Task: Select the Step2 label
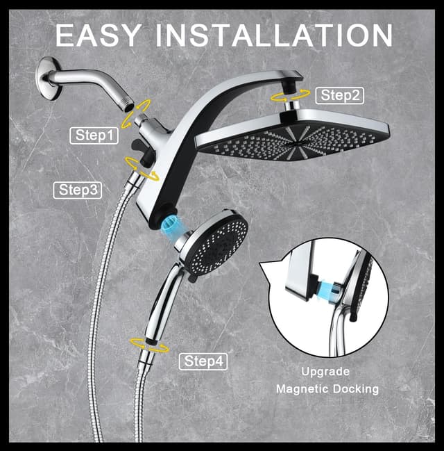click(x=339, y=95)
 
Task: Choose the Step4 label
click(x=203, y=361)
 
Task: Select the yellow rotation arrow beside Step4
click(x=148, y=343)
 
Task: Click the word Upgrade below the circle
click(x=325, y=372)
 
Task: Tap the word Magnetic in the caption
click(x=302, y=389)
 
